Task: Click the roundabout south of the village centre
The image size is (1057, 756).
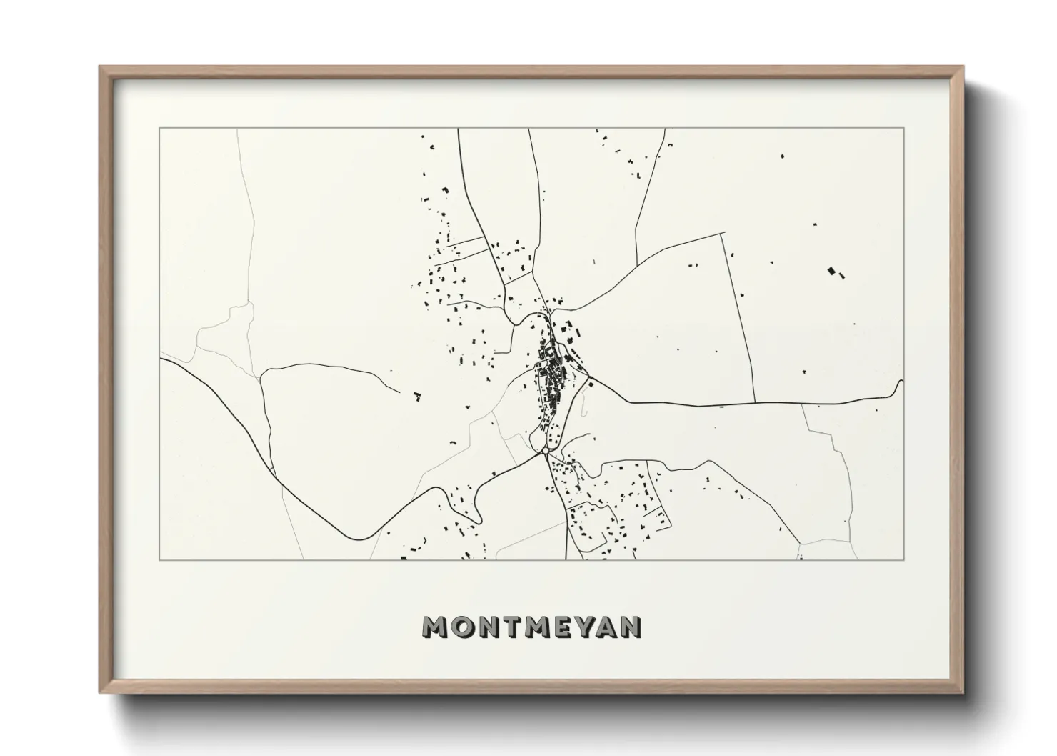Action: pos(546,451)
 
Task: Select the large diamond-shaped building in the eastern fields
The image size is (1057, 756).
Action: pos(831,271)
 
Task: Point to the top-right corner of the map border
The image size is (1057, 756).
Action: pos(904,128)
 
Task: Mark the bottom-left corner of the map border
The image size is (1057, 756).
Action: pos(159,559)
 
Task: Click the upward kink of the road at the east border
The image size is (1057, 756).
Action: pos(900,382)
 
